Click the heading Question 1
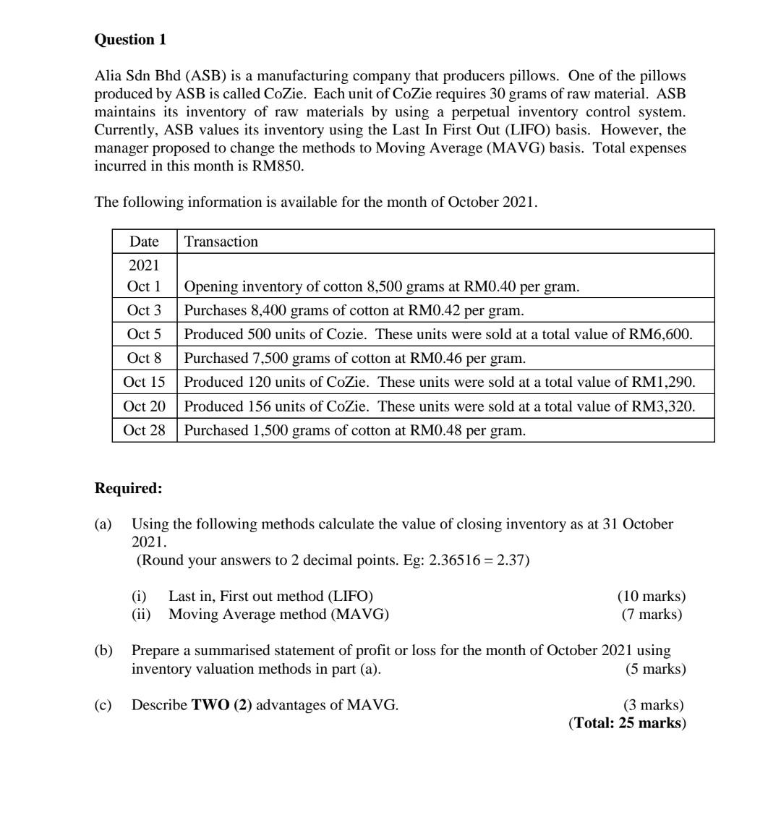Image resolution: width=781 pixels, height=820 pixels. click(x=130, y=40)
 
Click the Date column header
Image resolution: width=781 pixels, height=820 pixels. click(x=144, y=242)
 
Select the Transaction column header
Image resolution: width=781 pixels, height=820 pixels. click(x=221, y=242)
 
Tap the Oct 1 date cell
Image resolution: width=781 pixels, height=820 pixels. click(x=144, y=286)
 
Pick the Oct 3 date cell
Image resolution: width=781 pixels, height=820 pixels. click(x=144, y=310)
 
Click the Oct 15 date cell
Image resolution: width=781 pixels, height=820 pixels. click(x=144, y=382)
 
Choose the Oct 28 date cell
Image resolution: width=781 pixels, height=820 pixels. click(x=144, y=430)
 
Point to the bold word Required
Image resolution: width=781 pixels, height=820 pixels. click(x=128, y=488)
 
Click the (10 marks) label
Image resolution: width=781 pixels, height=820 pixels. click(x=651, y=597)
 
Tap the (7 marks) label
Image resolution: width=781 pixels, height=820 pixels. click(x=652, y=615)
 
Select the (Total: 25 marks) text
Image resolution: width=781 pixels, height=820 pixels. click(x=627, y=723)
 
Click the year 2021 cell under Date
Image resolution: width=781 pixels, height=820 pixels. click(x=144, y=265)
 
